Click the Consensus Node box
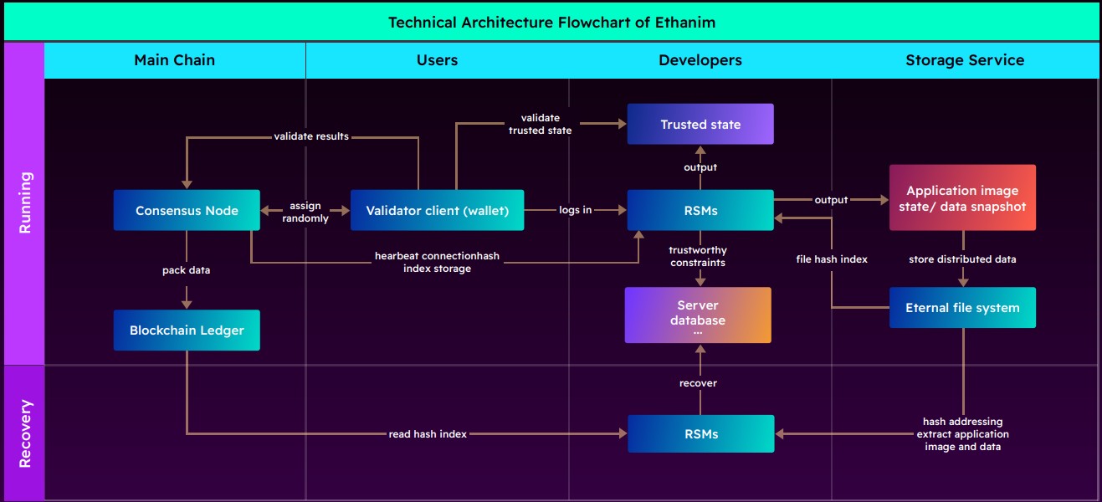(x=187, y=211)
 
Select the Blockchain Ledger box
(x=187, y=330)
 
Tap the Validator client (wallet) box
(x=437, y=211)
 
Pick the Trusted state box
(x=700, y=125)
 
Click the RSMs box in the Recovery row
(x=700, y=434)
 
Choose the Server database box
(x=698, y=315)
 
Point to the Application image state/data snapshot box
(x=962, y=197)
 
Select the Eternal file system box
(x=962, y=308)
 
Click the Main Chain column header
(x=174, y=60)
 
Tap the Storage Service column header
(x=964, y=60)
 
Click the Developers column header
(x=700, y=60)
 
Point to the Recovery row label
(x=25, y=433)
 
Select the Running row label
(x=25, y=202)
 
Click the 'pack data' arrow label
(x=187, y=271)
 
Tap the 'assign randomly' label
(x=305, y=212)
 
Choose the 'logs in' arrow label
(x=576, y=210)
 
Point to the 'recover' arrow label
(x=698, y=383)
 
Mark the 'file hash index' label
(x=831, y=259)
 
